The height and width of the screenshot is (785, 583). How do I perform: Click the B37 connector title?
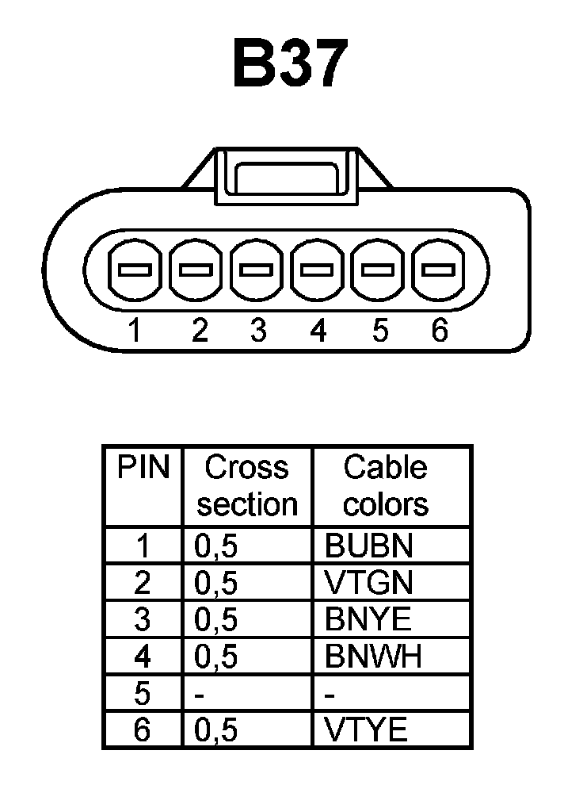(x=290, y=63)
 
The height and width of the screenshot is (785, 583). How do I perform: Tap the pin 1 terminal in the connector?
(x=135, y=270)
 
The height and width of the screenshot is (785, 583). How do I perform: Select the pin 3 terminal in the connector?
(x=257, y=270)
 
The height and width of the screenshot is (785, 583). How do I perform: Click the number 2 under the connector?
(x=200, y=330)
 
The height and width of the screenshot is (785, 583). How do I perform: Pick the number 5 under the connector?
(x=379, y=330)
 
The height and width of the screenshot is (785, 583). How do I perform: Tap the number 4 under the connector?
(x=318, y=330)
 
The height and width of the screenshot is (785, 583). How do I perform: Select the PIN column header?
(x=143, y=468)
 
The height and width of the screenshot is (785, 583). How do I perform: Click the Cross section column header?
(x=247, y=485)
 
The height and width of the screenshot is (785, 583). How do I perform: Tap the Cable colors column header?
(x=387, y=485)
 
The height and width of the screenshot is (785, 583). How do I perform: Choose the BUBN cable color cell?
(x=369, y=546)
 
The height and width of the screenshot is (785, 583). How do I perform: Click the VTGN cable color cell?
(x=369, y=583)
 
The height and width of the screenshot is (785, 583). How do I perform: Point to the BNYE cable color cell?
(x=369, y=619)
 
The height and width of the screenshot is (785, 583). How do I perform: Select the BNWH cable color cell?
(x=373, y=657)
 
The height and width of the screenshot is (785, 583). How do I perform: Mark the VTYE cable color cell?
(x=366, y=730)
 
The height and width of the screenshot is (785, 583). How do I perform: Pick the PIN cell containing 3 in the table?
(x=143, y=619)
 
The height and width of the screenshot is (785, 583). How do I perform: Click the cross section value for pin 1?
(x=215, y=546)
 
